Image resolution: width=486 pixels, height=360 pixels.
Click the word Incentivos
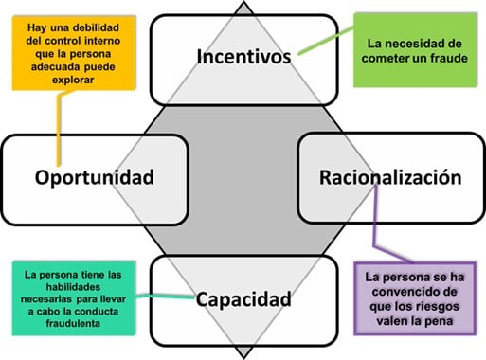coord(243,56)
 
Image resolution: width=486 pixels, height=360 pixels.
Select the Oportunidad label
coord(94,177)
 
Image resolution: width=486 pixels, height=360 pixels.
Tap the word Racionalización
coord(390,177)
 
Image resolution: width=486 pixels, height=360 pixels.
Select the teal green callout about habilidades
coord(73,296)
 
